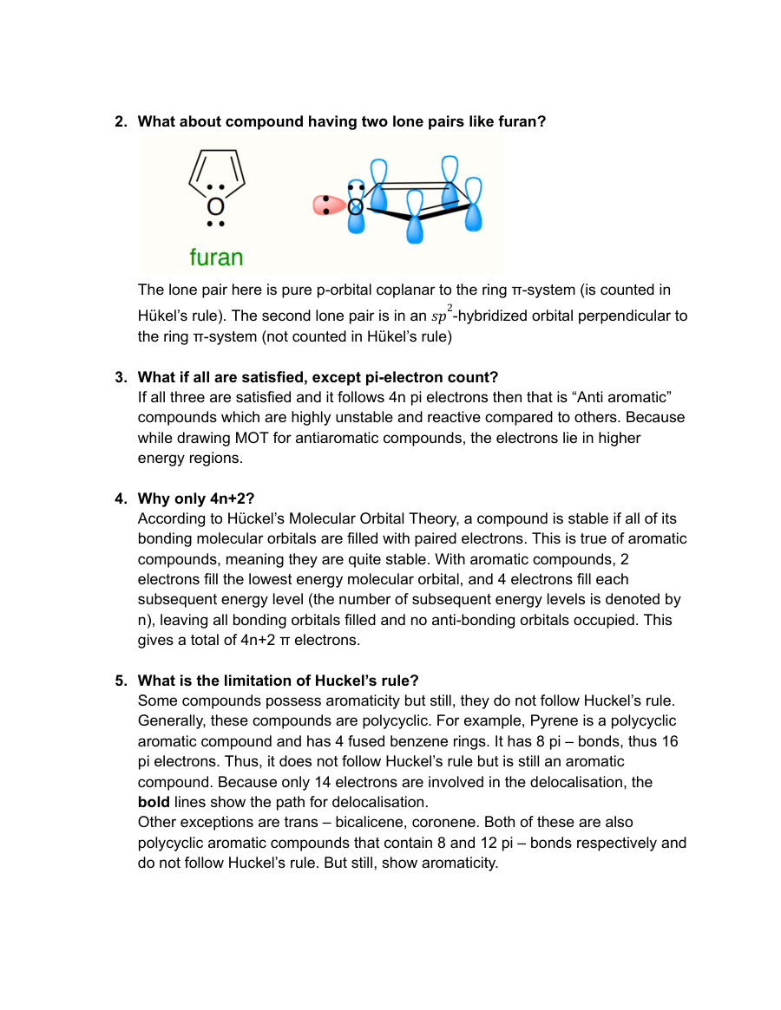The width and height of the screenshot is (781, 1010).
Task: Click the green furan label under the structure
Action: pyautogui.click(x=216, y=257)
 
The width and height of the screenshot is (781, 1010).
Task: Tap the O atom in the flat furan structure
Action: pyautogui.click(x=215, y=207)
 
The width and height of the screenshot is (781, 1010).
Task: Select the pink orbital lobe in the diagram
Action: pyautogui.click(x=328, y=205)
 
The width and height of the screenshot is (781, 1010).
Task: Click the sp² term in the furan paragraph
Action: pyautogui.click(x=442, y=316)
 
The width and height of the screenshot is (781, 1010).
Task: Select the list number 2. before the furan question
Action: pyautogui.click(x=121, y=121)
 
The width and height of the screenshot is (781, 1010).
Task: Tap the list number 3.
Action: pyautogui.click(x=121, y=377)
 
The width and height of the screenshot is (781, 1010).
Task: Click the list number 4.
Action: pyautogui.click(x=121, y=498)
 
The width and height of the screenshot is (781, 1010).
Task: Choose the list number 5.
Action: pyautogui.click(x=121, y=681)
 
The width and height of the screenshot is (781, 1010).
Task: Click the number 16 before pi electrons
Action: pyautogui.click(x=670, y=741)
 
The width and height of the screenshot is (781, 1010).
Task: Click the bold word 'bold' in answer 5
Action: pyautogui.click(x=154, y=802)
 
